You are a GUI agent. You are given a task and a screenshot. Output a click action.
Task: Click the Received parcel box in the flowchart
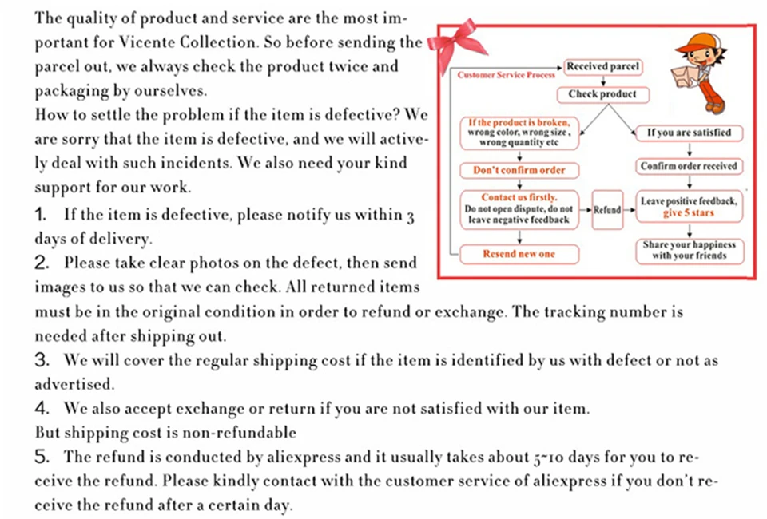point(602,67)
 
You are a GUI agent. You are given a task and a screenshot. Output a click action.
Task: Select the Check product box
point(602,94)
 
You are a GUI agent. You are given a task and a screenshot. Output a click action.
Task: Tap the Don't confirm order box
point(519,170)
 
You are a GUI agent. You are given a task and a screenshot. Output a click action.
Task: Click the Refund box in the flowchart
point(608,209)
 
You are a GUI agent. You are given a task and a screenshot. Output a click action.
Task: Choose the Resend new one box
point(519,254)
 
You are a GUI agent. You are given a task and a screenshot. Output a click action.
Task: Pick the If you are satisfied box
point(689,133)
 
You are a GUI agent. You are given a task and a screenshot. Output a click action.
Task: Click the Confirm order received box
point(689,167)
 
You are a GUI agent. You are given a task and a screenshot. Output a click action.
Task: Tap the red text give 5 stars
point(689,214)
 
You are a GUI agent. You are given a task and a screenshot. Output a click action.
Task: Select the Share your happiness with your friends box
point(689,250)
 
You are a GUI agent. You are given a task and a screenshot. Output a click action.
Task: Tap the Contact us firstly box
point(519,208)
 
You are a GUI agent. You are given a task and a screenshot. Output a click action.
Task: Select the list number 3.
point(42,360)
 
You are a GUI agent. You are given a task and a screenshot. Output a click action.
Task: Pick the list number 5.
point(42,458)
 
